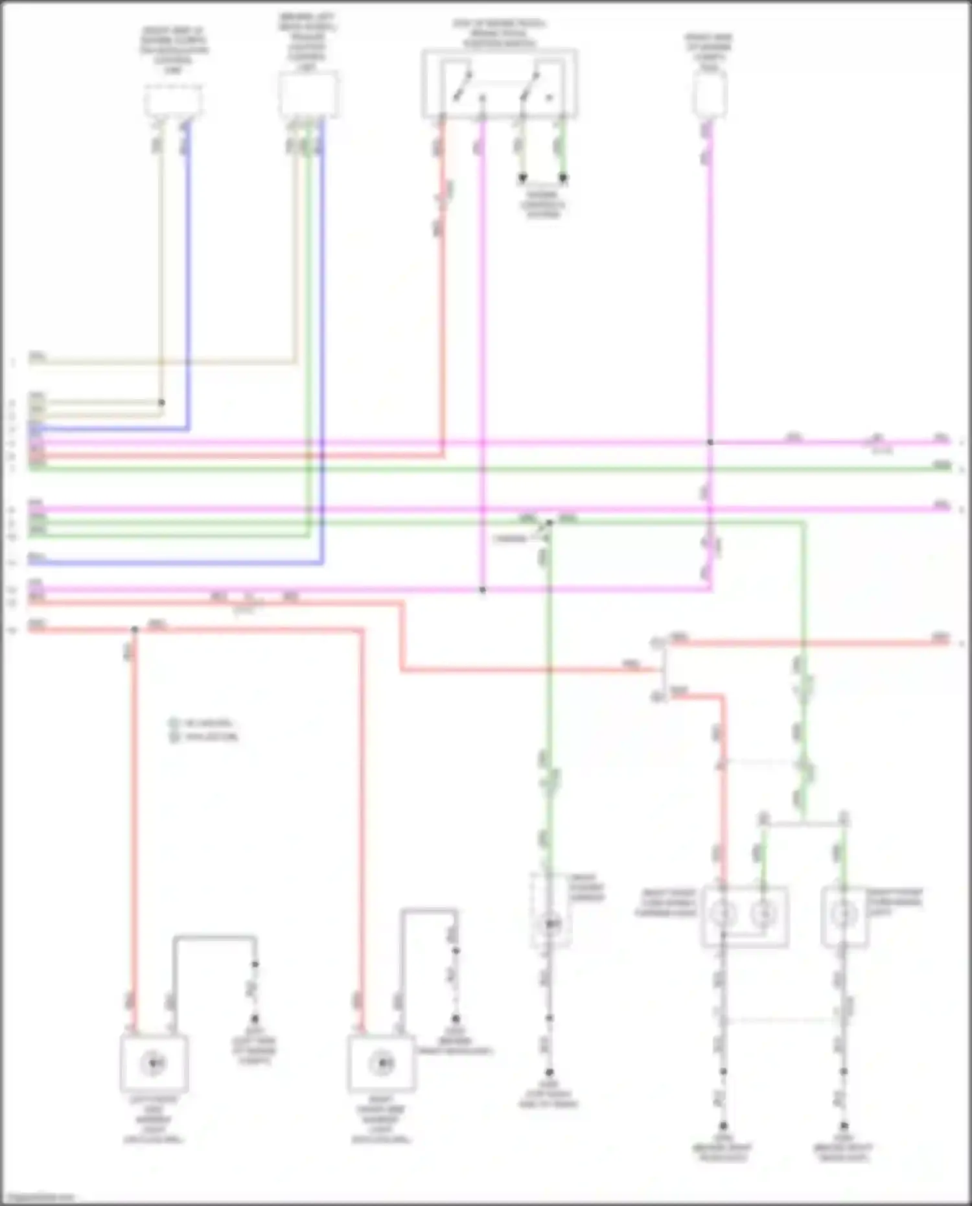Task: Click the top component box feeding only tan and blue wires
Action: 172,101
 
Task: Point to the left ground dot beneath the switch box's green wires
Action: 522,177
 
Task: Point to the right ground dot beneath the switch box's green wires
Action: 563,177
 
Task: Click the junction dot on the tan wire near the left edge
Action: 161,402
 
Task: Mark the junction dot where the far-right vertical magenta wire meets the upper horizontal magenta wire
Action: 710,442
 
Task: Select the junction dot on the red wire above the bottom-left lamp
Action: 135,629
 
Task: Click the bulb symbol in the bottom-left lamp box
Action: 154,1063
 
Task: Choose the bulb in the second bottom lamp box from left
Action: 381,1063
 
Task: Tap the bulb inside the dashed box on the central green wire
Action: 550,923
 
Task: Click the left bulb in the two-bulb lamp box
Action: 723,914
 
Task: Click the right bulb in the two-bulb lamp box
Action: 763,914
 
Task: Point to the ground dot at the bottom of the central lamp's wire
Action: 549,1072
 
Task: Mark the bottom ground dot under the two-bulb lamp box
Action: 723,1126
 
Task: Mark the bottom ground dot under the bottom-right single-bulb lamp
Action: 843,1126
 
